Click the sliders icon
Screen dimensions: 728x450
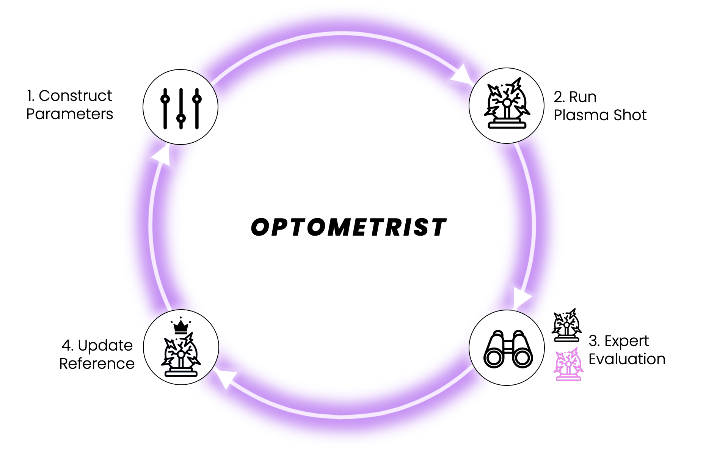click(x=181, y=107)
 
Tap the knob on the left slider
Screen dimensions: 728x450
click(x=165, y=99)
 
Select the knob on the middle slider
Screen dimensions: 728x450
click(x=181, y=118)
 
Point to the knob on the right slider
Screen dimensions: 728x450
click(x=197, y=99)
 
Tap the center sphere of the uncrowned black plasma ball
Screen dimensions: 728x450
click(x=507, y=103)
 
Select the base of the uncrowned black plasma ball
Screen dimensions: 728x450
click(x=507, y=125)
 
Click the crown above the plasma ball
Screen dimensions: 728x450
click(x=181, y=326)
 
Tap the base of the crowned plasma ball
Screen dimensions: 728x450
click(x=181, y=373)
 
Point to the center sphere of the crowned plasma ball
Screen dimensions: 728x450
click(x=181, y=354)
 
